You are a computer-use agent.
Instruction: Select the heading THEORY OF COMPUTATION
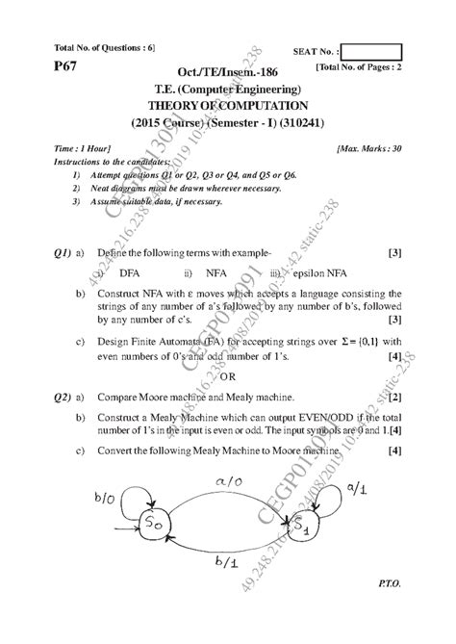pos(227,106)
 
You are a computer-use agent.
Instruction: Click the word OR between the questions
pos(228,376)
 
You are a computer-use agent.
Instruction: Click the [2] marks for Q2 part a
pos(394,396)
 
